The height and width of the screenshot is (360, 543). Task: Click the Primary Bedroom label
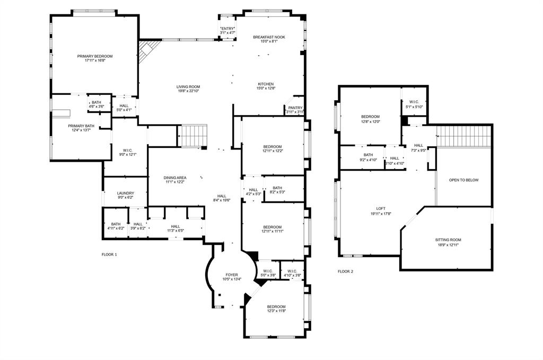(x=95, y=56)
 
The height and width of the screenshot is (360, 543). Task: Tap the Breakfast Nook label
(x=269, y=37)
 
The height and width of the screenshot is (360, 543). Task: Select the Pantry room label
(x=295, y=108)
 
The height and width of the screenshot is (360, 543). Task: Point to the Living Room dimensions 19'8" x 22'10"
(x=188, y=91)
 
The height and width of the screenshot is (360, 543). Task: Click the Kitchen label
(x=266, y=84)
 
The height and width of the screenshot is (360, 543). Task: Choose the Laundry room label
(x=125, y=194)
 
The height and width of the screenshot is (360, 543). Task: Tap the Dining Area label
(x=174, y=178)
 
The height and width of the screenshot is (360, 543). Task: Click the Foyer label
(x=232, y=275)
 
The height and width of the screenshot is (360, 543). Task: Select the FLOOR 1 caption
(x=109, y=254)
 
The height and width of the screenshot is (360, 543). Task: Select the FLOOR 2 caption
(x=345, y=271)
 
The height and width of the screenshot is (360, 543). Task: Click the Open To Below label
(x=463, y=180)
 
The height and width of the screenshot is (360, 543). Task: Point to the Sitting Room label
(x=448, y=240)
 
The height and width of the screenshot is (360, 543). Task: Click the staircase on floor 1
(x=192, y=135)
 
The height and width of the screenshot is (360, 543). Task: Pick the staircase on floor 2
(x=464, y=136)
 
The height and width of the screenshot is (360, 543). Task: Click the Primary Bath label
(x=81, y=126)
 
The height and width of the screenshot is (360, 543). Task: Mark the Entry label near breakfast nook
(x=228, y=28)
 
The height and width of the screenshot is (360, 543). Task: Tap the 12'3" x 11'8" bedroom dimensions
(x=276, y=311)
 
